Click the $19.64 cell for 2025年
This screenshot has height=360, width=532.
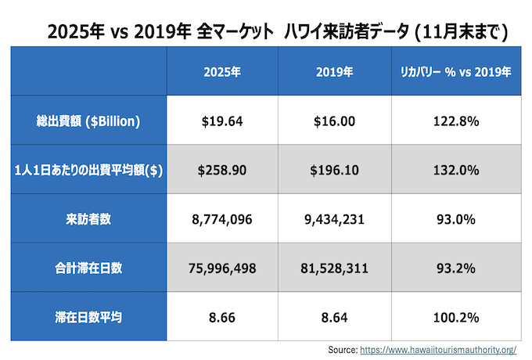pos(221,121)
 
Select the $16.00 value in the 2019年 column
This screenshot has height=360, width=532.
pos(334,121)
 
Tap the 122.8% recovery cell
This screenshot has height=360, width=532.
pos(455,121)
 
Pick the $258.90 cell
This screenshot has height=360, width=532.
pos(221,171)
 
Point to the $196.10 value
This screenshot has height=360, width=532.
pos(334,171)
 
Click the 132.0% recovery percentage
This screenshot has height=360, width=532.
pos(455,171)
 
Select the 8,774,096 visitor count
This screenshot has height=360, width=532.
pos(221,219)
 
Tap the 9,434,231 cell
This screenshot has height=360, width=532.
pos(334,219)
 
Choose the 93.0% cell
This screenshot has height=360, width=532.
pos(455,219)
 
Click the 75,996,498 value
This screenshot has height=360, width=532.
pos(221,268)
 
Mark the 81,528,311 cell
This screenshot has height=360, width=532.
pos(334,268)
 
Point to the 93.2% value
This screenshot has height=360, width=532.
pos(455,268)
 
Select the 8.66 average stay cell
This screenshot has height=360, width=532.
pos(221,317)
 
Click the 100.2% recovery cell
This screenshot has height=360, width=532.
pos(455,317)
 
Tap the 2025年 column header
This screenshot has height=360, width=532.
pos(221,72)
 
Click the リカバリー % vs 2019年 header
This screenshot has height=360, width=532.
pos(455,72)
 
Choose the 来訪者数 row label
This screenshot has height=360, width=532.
pos(88,219)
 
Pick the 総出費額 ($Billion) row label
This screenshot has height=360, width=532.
pos(88,121)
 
